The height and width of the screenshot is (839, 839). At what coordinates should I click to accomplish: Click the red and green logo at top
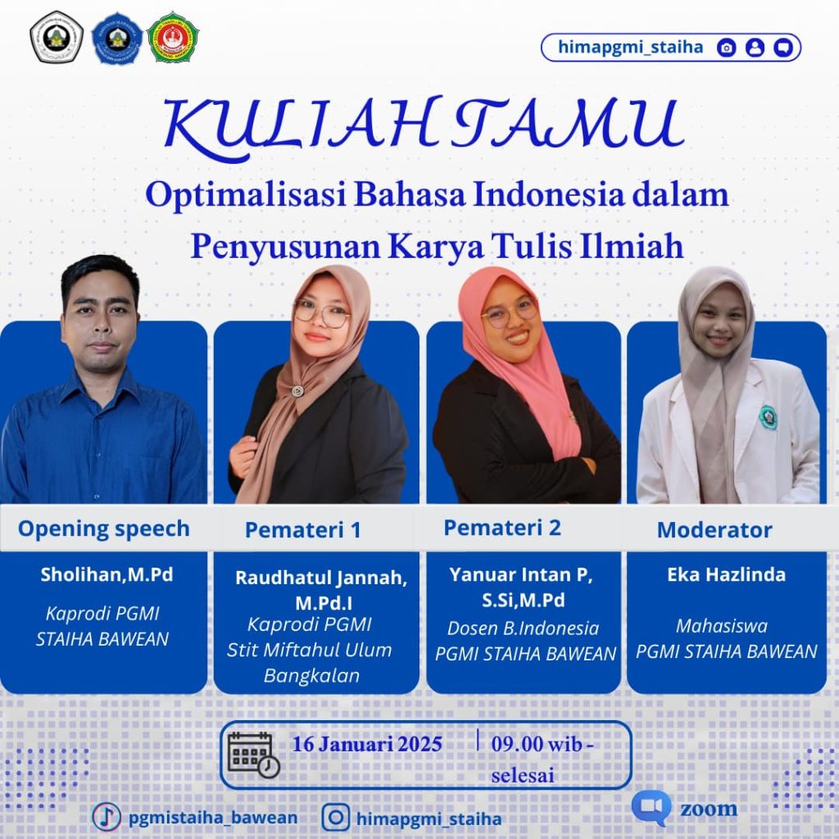173,38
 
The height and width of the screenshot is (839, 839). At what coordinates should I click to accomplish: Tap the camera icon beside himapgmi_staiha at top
726,48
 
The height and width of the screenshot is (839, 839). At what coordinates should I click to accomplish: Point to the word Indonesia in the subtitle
548,194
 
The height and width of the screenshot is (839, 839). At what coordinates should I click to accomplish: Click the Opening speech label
104,528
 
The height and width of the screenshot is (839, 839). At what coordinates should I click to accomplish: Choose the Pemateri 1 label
303,530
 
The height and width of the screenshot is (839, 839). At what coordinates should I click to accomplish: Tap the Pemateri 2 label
502,528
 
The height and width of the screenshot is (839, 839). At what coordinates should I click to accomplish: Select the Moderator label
714,530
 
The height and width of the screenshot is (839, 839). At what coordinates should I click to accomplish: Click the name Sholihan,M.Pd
107,574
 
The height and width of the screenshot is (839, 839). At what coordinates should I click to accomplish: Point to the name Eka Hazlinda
726,574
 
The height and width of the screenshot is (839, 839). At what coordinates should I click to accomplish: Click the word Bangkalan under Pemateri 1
311,675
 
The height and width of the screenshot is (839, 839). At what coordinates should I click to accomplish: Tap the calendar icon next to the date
253,755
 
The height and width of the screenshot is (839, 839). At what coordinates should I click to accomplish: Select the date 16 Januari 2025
367,744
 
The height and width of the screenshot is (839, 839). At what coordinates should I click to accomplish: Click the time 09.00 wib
537,744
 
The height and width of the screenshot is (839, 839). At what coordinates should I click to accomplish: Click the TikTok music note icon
107,817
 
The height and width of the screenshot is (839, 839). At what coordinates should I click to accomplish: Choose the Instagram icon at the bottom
335,817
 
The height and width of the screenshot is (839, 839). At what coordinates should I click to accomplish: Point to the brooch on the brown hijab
297,391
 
